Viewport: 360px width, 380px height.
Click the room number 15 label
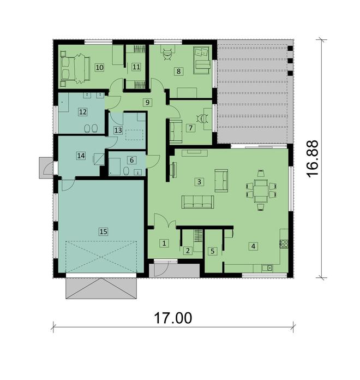point(103,231)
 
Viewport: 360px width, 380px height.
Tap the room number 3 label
point(199,181)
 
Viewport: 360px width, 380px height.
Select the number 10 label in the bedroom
point(99,67)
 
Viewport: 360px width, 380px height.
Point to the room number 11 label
point(136,67)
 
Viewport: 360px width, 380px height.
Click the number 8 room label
point(178,71)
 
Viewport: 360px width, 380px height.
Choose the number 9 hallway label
point(147,102)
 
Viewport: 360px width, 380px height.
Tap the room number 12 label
point(82,112)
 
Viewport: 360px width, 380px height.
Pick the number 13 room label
point(118,130)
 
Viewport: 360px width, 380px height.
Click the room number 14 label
point(81,156)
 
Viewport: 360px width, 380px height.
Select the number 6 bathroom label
point(131,160)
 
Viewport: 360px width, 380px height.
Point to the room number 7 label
point(190,127)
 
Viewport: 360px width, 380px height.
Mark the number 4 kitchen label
point(253,246)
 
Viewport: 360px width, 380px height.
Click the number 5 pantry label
point(213,251)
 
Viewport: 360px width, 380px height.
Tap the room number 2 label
point(188,251)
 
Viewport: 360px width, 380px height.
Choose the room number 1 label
point(164,243)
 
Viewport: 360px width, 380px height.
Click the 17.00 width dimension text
point(173,318)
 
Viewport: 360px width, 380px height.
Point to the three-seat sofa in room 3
point(198,202)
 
